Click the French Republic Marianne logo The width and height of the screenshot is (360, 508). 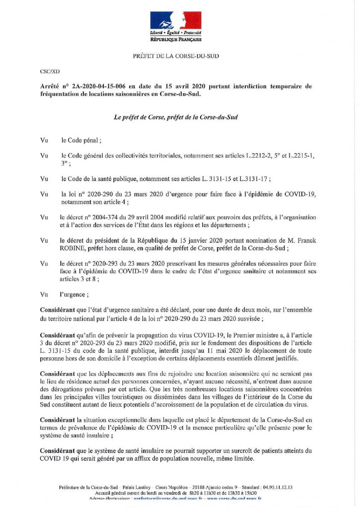click(176, 21)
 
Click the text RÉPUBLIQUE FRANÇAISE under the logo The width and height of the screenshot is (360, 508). click(176, 38)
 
